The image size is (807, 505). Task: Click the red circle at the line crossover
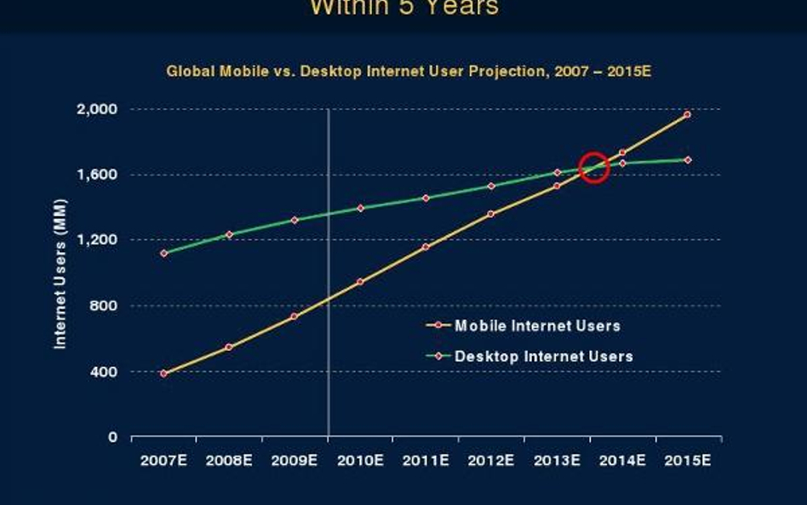coord(593,168)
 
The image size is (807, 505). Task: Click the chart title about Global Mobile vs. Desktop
coord(408,71)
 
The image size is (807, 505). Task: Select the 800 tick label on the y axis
coord(106,306)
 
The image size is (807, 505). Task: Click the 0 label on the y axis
coord(112,438)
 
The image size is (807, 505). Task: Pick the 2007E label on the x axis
coord(163,461)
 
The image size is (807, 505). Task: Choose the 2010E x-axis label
coord(360,461)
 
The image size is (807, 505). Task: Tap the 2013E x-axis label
coord(557,461)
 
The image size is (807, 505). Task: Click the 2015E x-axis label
coord(688,461)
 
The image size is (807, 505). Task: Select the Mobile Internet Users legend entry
coord(536,325)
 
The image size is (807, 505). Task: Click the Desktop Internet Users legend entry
coord(543,356)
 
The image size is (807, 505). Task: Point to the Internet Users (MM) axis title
coord(60,273)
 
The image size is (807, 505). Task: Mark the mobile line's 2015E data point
coord(687,114)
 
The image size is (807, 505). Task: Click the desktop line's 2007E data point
coord(163,253)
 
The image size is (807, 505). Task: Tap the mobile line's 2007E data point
coord(163,373)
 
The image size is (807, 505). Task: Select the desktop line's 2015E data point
coord(687,159)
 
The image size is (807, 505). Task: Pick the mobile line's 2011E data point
coord(426,247)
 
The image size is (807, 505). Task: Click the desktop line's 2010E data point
coord(360,208)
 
